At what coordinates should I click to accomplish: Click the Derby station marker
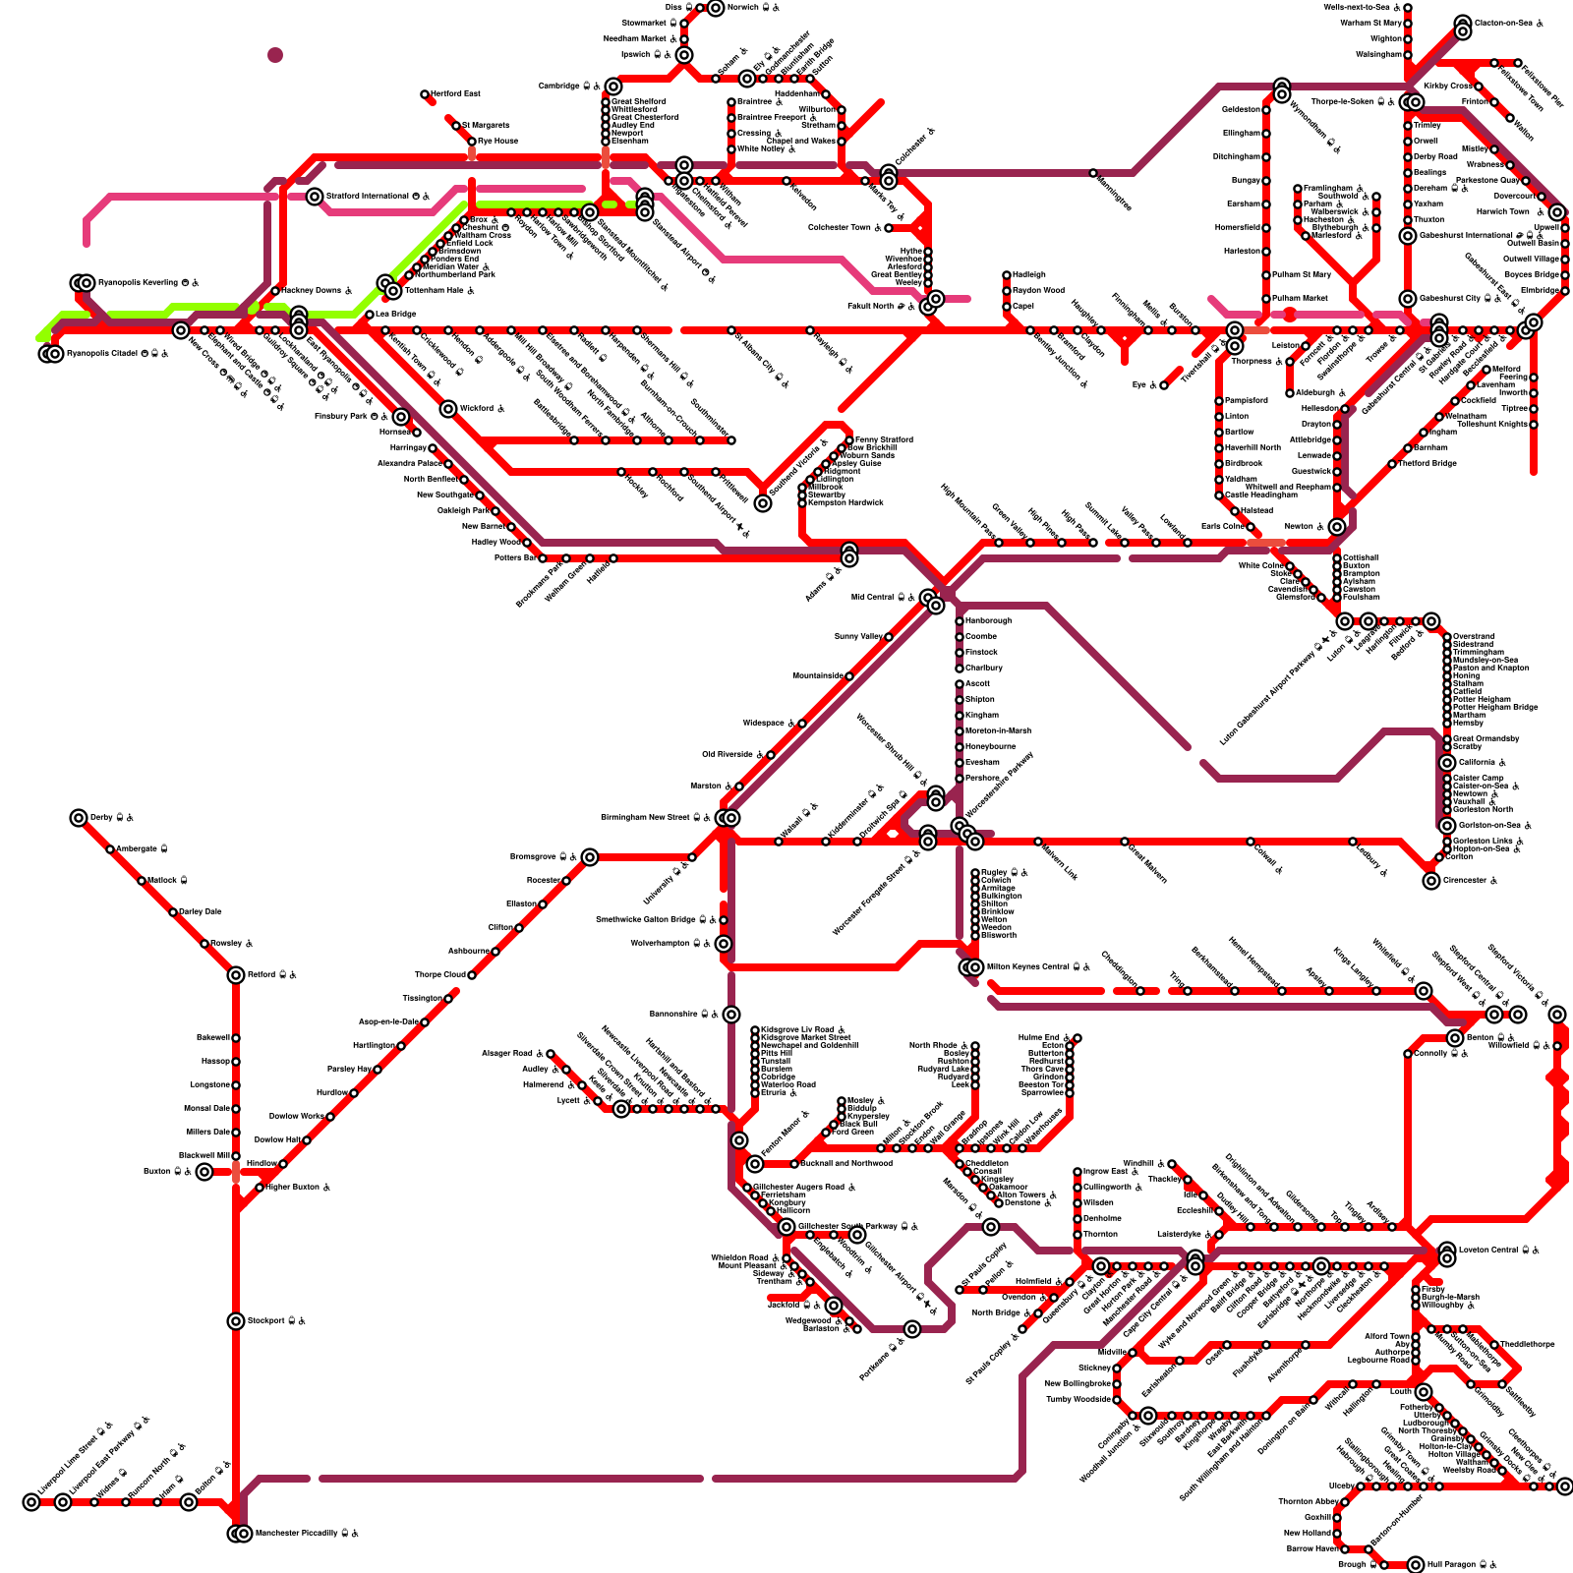point(79,818)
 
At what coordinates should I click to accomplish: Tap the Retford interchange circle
point(236,975)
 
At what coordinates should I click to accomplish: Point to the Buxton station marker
point(204,1172)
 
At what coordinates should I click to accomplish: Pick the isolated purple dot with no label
point(275,55)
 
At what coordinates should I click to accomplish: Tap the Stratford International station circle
point(315,197)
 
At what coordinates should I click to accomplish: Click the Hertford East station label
point(455,93)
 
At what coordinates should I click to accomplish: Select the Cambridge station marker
point(613,87)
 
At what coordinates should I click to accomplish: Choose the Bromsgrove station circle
point(589,857)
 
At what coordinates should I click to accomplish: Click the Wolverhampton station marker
point(724,944)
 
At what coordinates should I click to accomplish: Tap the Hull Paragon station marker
point(1416,1565)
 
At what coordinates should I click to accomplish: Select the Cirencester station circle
point(1431,881)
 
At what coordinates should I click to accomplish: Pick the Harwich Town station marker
point(1557,212)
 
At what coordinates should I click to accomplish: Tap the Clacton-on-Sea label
point(1503,23)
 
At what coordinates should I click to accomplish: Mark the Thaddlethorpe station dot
point(1494,1345)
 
